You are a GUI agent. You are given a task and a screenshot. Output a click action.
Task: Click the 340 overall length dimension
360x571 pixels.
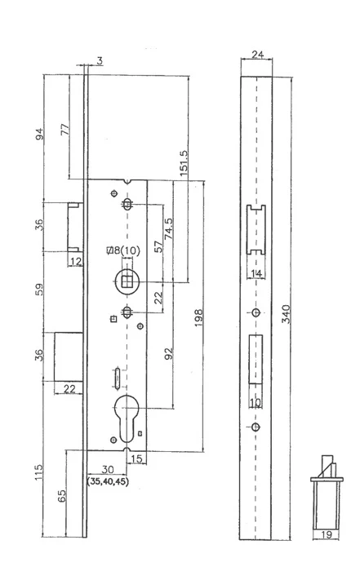click(x=287, y=314)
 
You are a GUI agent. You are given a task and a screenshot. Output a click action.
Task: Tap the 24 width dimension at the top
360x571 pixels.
click(x=258, y=55)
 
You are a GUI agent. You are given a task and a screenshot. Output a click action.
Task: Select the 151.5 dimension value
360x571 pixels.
click(x=184, y=163)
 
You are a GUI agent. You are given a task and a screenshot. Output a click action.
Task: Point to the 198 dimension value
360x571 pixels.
click(x=198, y=317)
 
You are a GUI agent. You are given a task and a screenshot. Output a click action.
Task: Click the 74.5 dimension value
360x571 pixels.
click(x=168, y=228)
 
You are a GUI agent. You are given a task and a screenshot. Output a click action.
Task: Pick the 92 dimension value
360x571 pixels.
click(x=168, y=353)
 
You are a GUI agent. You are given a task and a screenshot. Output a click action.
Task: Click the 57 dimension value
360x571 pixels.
click(x=158, y=246)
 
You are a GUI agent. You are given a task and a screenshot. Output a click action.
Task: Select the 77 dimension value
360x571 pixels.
click(x=64, y=130)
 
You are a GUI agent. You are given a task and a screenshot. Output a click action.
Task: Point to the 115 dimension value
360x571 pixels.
click(x=38, y=472)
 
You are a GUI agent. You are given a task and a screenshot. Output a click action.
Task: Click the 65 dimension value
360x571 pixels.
click(x=62, y=496)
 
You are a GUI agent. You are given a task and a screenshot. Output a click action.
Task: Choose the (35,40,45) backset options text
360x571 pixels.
click(x=108, y=481)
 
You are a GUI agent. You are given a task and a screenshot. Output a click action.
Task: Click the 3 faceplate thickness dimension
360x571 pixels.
click(x=99, y=61)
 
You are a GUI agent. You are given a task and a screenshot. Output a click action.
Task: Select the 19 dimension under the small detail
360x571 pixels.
click(x=327, y=534)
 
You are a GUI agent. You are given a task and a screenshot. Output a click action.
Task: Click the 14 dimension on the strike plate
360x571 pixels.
click(x=256, y=273)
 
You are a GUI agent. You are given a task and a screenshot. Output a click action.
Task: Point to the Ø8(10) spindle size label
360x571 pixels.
click(x=122, y=250)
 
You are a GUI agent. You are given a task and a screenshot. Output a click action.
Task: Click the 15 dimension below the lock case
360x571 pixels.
click(x=136, y=458)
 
